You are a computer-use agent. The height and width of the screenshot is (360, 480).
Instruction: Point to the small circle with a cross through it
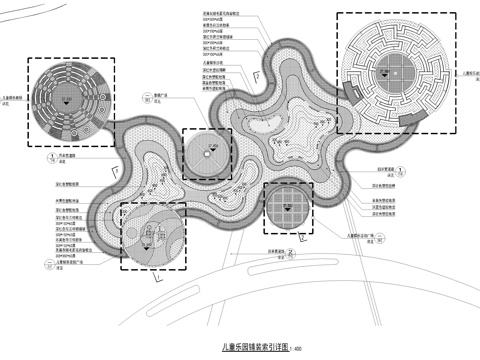point(208,152)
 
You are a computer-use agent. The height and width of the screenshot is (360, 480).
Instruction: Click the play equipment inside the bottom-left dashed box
point(152,236)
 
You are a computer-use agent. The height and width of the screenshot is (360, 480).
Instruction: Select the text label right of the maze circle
point(470,73)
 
